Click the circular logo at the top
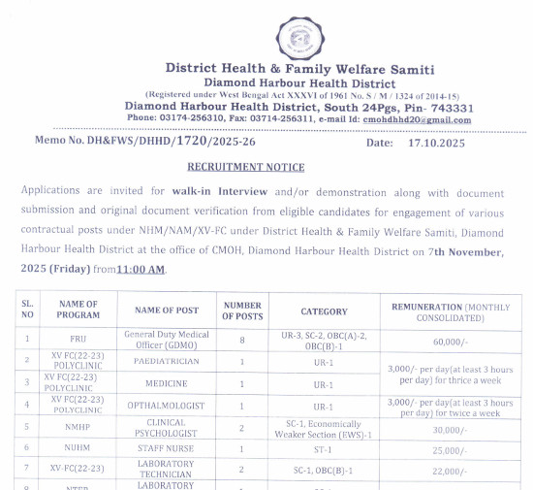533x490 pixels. (299, 35)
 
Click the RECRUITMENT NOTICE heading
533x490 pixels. (246, 167)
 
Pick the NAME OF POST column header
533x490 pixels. (167, 310)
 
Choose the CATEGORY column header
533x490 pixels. (324, 311)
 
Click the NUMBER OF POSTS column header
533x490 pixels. (242, 310)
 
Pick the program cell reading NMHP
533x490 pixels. (78, 427)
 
